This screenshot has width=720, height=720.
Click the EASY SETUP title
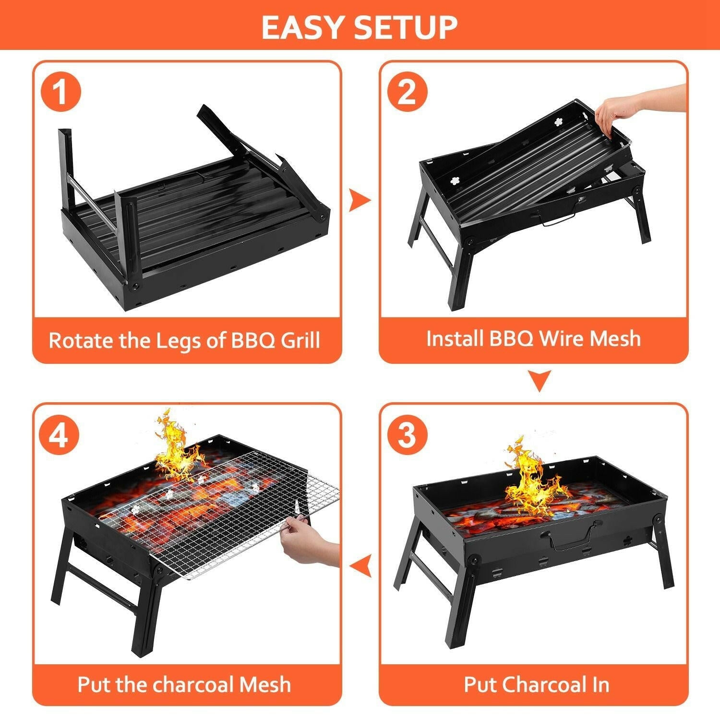(x=359, y=27)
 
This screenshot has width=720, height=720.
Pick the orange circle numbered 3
(x=407, y=435)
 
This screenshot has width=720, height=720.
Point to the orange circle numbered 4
(x=60, y=435)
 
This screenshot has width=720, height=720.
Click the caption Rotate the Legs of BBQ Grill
(x=184, y=340)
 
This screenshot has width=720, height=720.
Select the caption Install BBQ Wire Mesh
(x=533, y=338)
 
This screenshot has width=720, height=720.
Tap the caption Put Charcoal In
(x=536, y=684)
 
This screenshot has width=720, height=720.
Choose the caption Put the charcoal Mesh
(x=184, y=684)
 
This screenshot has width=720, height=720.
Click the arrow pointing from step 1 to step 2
(x=359, y=200)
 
